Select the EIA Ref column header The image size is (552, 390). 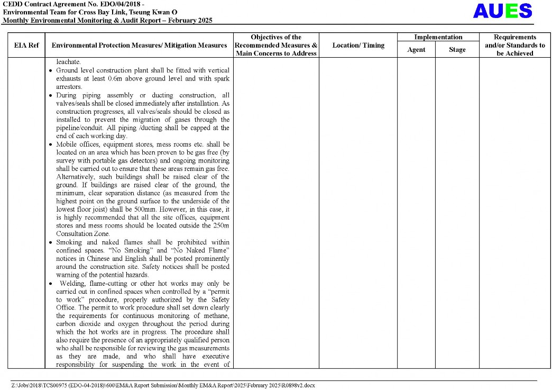[26, 46]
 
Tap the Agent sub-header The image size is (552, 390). [416, 50]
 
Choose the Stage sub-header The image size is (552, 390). [457, 50]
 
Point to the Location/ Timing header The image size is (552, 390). [358, 46]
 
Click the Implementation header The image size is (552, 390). [438, 37]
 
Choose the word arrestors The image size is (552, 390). [69, 87]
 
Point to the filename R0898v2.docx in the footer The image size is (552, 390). [297, 385]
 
